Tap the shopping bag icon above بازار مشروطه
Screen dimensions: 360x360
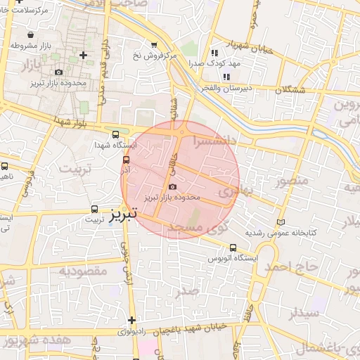(x=30, y=34)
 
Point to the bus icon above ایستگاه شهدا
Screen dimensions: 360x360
(x=116, y=134)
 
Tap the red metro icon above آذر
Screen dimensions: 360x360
(x=126, y=160)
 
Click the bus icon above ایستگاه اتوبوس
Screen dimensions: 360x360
(x=233, y=247)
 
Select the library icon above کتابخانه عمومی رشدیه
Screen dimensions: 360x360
(x=282, y=221)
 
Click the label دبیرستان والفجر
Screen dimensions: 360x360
(x=224, y=88)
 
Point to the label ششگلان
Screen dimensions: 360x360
(x=291, y=91)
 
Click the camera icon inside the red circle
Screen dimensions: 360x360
(x=173, y=186)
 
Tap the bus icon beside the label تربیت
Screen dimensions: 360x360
(x=95, y=209)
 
